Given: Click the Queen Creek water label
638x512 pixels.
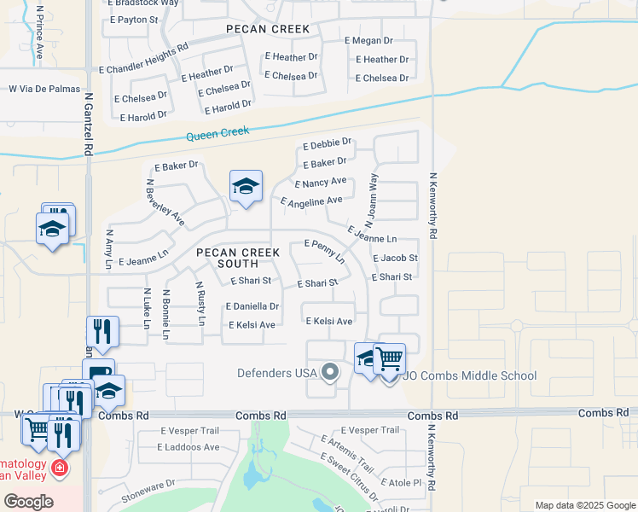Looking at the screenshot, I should pyautogui.click(x=217, y=133).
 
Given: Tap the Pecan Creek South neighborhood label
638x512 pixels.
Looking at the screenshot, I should pyautogui.click(x=228, y=258).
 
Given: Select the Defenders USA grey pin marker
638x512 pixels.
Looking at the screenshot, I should pyautogui.click(x=330, y=371).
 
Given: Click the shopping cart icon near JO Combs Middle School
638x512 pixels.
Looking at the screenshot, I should pyautogui.click(x=389, y=358).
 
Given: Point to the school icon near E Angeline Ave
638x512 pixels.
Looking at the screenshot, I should pyautogui.click(x=246, y=187).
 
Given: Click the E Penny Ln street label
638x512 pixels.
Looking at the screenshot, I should pyautogui.click(x=324, y=250).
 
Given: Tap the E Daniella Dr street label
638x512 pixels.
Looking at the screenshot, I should pyautogui.click(x=252, y=305).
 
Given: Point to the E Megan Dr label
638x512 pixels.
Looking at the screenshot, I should pyautogui.click(x=368, y=40).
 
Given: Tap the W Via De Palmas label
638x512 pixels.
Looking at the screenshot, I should pyautogui.click(x=44, y=89).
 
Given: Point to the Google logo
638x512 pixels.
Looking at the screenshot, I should pyautogui.click(x=28, y=502).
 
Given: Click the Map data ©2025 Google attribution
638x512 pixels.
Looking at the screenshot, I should pyautogui.click(x=584, y=505).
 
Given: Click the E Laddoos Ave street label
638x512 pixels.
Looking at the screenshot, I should pyautogui.click(x=188, y=447).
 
